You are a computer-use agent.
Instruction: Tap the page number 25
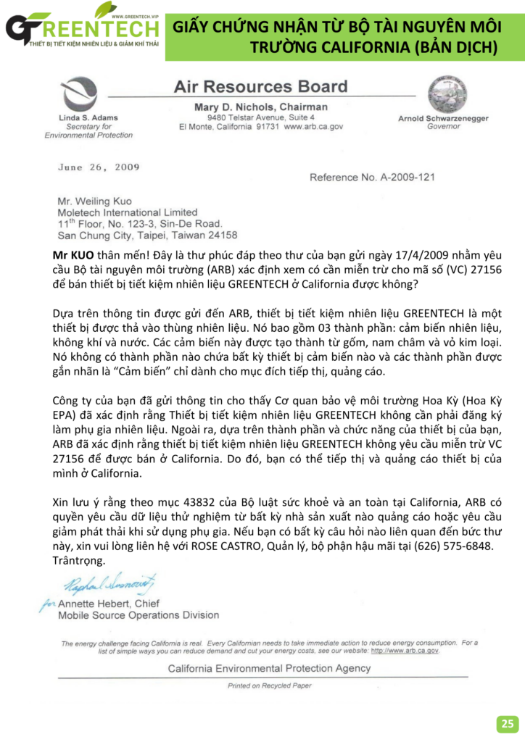tap(508, 723)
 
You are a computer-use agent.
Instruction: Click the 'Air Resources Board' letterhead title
tap(261, 87)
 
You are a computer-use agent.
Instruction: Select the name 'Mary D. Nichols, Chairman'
tap(261, 107)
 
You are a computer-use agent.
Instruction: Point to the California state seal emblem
tap(443, 93)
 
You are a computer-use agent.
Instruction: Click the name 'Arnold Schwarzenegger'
tap(443, 118)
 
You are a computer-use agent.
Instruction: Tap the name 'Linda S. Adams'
tap(87, 117)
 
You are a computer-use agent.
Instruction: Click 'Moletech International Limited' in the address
tap(128, 212)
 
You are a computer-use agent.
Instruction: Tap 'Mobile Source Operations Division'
tap(139, 615)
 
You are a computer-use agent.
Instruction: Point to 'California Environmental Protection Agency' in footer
tap(269, 669)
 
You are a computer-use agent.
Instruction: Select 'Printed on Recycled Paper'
tap(269, 685)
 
